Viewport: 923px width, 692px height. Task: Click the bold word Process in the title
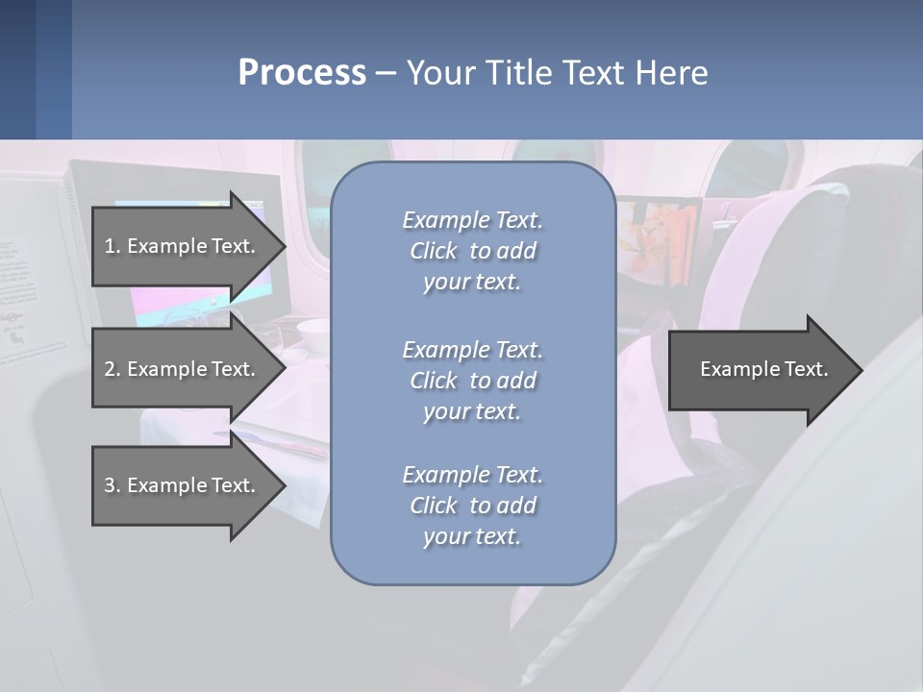302,73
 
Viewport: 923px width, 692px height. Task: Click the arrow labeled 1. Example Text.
180,246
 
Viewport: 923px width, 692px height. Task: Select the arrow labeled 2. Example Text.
180,369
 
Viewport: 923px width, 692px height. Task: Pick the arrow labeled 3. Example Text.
180,485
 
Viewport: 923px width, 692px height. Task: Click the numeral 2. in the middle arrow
112,369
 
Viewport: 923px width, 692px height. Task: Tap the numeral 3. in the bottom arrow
112,485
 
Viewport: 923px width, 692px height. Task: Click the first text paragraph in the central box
472,251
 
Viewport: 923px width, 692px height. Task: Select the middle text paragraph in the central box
472,381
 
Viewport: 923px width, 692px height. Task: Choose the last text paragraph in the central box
472,506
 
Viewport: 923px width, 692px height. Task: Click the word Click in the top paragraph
434,251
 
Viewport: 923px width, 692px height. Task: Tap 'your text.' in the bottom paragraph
472,536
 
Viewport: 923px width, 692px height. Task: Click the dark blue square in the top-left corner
17,69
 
